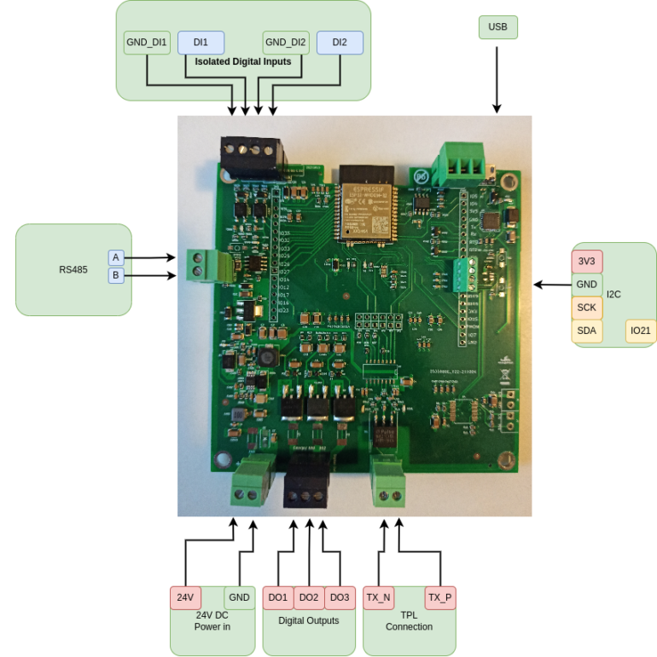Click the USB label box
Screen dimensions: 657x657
coord(497,27)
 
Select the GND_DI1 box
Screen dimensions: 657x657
coord(148,43)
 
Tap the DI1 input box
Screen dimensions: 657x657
coord(201,43)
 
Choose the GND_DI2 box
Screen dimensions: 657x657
coord(286,43)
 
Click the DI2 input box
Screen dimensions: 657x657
coord(340,43)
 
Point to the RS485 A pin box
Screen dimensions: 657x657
coord(115,257)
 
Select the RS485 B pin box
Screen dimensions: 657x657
coord(115,275)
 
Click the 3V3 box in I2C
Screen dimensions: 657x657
coord(587,261)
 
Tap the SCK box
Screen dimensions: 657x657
coord(587,308)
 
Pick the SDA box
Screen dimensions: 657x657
coord(587,331)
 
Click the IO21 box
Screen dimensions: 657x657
coord(640,331)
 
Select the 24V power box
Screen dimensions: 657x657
coord(184,597)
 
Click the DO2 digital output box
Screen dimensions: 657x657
coord(309,597)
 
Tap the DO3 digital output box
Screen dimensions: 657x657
coord(340,597)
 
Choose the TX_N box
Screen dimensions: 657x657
coord(378,597)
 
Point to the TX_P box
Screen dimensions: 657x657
coord(440,597)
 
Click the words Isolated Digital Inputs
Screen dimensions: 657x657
coord(243,62)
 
